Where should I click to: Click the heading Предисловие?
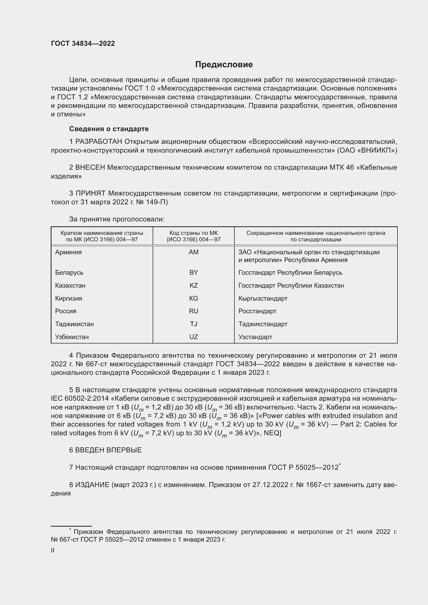pyautogui.click(x=224, y=65)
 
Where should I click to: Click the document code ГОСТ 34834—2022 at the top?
pyautogui.click(x=83, y=43)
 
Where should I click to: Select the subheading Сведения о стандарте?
pyautogui.click(x=109, y=129)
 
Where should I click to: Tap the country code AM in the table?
pyautogui.click(x=194, y=252)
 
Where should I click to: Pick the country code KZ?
pyautogui.click(x=194, y=285)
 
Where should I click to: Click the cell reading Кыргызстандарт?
pyautogui.click(x=263, y=298)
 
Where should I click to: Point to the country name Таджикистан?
pyautogui.click(x=74, y=324)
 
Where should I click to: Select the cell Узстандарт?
pyautogui.click(x=255, y=337)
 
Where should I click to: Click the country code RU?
pyautogui.click(x=194, y=311)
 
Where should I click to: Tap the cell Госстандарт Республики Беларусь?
pyautogui.click(x=290, y=272)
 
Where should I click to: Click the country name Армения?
pyautogui.click(x=68, y=252)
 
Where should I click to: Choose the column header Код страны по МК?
pyautogui.click(x=194, y=233)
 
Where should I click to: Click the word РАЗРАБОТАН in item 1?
pyautogui.click(x=99, y=142)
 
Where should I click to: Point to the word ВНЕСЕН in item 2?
pyautogui.click(x=90, y=168)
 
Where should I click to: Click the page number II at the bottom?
pyautogui.click(x=53, y=550)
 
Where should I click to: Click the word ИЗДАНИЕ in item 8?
pyautogui.click(x=92, y=485)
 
